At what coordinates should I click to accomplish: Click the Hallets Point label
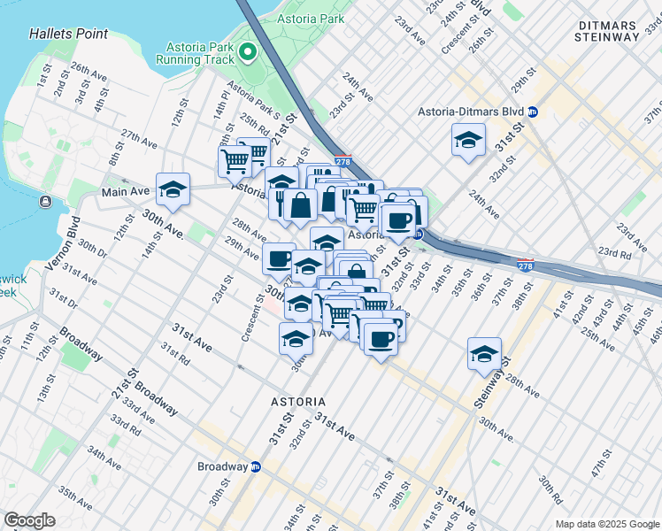[x=68, y=34]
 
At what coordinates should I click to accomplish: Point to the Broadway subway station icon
[x=256, y=466]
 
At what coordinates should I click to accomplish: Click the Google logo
[x=29, y=520]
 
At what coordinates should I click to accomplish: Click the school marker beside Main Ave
[x=173, y=189]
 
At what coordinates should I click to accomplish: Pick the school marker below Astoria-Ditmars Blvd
[x=469, y=139]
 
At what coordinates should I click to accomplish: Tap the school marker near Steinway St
[x=485, y=354]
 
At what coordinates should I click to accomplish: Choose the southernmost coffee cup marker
[x=381, y=339]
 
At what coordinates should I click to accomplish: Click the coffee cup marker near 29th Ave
[x=279, y=258]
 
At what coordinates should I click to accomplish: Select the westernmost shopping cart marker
[x=235, y=161]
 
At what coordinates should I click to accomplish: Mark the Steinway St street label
[x=489, y=389]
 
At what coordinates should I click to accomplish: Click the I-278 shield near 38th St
[x=526, y=265]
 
